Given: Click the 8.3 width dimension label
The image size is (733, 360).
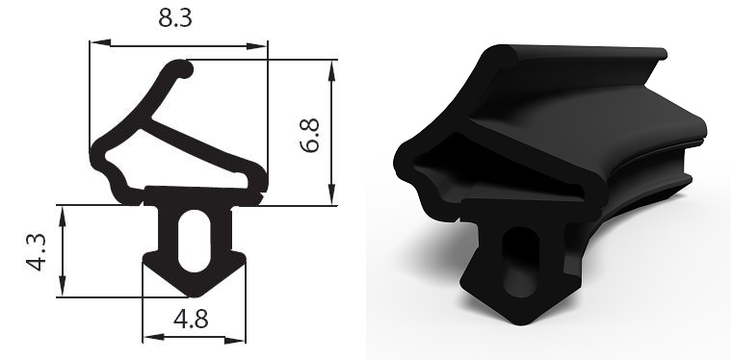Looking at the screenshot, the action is (x=175, y=18).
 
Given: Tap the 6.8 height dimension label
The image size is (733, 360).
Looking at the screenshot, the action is (x=310, y=136).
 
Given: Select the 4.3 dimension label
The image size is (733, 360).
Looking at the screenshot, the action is (x=36, y=252).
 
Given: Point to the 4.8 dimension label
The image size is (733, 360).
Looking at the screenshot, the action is (x=191, y=320).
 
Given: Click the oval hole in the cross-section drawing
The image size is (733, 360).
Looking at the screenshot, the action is (x=194, y=241).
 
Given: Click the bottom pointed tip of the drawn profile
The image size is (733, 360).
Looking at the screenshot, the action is (x=194, y=296).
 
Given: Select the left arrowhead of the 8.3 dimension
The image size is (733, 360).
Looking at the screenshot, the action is (x=100, y=43).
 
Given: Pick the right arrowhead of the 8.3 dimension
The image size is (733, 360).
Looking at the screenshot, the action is (x=256, y=46).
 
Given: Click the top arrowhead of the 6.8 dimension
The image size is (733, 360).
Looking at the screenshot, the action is (x=332, y=70).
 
